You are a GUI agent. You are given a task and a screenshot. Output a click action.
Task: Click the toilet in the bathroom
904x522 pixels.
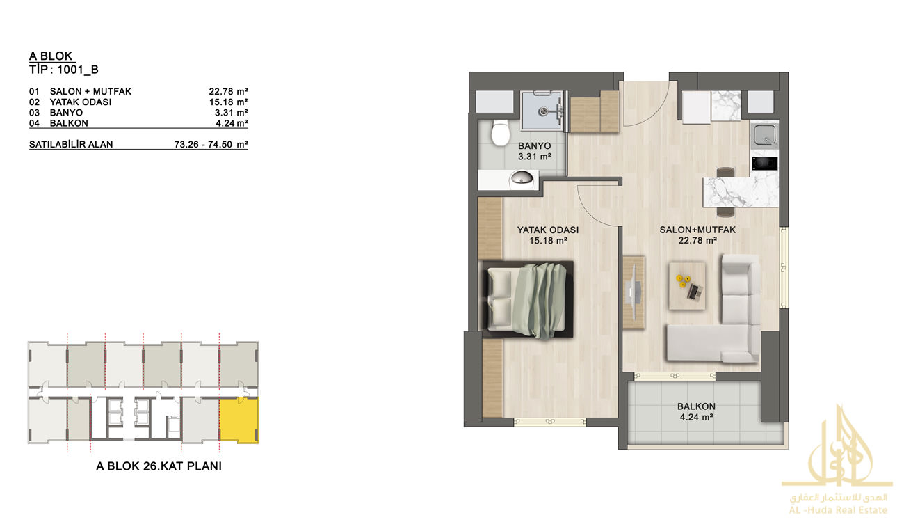tap(501, 133)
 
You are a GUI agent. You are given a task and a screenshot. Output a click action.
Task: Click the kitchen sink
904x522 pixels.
tap(764, 134)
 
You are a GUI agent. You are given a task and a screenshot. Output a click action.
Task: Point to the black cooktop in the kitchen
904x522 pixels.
tap(764, 164)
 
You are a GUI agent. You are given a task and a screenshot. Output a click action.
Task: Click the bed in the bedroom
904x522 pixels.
tap(526, 299)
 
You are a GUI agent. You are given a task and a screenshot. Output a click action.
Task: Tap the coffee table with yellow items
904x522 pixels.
tap(687, 286)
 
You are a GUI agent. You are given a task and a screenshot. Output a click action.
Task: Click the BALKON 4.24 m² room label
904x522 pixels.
tap(696, 411)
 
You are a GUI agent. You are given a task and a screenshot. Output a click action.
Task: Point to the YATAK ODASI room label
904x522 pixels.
tap(548, 230)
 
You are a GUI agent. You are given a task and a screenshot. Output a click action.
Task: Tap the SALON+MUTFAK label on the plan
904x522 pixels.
tap(697, 230)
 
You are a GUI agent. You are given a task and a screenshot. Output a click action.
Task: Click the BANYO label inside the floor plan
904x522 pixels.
tap(534, 146)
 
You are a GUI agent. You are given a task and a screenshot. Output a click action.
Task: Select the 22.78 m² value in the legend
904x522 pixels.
tap(228, 92)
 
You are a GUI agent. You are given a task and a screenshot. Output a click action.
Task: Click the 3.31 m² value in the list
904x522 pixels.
tap(231, 113)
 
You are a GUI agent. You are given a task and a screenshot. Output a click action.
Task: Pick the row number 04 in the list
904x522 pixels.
tap(34, 123)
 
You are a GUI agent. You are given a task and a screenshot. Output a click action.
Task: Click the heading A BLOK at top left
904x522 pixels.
tap(51, 56)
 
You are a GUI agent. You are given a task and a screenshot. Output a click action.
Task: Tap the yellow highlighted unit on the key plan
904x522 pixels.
tap(239, 420)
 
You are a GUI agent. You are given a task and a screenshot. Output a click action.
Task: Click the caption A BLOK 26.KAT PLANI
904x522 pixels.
tap(159, 466)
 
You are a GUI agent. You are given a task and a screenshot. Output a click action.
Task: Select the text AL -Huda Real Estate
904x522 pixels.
tap(838, 510)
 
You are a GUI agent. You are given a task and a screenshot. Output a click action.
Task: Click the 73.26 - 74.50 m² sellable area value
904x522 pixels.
tap(211, 144)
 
